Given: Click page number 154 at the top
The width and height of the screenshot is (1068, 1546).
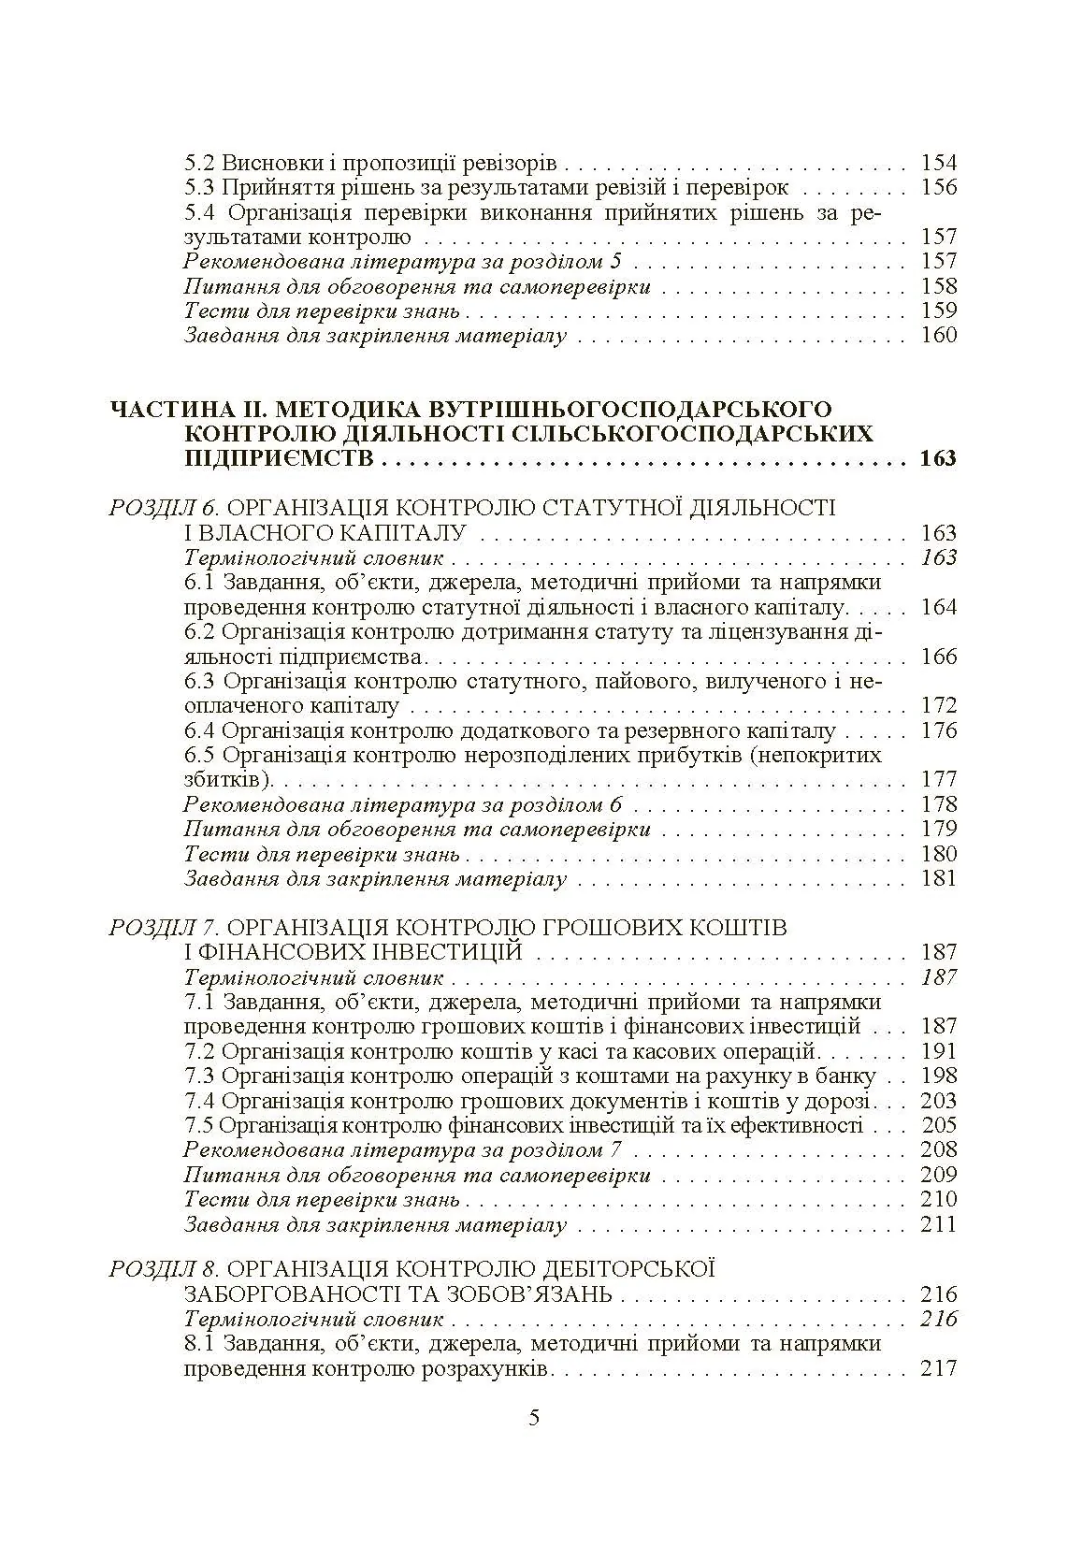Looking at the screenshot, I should [x=939, y=163].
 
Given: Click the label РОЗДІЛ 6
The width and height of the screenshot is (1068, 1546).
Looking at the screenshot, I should [x=164, y=508].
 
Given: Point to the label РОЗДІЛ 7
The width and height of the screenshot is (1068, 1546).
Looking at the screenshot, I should [x=164, y=928].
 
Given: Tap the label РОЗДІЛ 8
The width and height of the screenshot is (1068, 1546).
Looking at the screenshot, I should [x=164, y=1269].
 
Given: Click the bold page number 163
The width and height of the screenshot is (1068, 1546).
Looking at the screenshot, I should [x=937, y=459].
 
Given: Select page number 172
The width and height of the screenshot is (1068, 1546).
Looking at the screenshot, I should [x=939, y=705].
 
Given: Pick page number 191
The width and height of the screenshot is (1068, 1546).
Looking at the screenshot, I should [x=939, y=1051].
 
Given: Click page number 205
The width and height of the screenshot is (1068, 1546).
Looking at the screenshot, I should [x=939, y=1125].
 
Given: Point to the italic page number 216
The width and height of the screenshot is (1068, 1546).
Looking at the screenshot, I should [x=939, y=1319].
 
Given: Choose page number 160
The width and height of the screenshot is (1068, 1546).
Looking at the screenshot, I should [x=939, y=335].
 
